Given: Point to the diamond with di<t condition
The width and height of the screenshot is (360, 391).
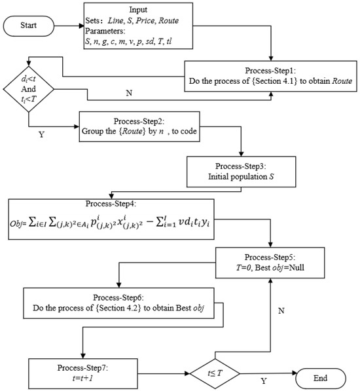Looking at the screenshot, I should click(29, 92).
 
